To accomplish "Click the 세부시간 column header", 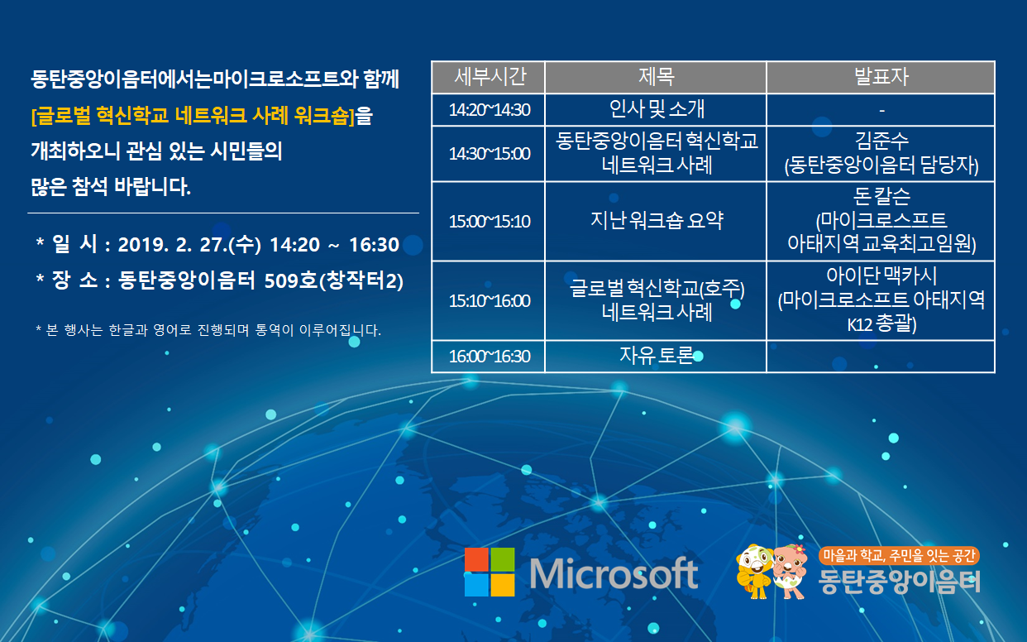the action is coord(489,77).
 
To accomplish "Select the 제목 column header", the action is coord(656,77).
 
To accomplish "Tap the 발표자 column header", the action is coord(881,77).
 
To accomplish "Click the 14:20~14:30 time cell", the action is coord(489,110).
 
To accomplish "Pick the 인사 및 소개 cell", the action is coord(656,110).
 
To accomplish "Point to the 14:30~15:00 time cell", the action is coord(489,154).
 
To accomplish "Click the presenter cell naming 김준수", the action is coord(881,154).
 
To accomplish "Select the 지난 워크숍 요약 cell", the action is coord(656,222).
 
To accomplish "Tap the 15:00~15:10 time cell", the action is coord(489,222).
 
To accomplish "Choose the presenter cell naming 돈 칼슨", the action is coord(881,222).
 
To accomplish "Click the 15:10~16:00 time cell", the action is coord(489,301).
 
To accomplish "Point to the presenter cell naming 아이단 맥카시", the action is coord(881,301).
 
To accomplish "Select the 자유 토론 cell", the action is coord(656,357).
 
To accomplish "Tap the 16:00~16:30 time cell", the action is coord(489,357).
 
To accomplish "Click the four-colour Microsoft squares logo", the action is coord(490,572).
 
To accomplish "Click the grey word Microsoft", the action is coord(614,573).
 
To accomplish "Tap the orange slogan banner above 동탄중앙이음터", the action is coord(899,556).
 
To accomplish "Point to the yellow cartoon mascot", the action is coord(754,572).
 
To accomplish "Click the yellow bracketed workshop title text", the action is coord(193,115).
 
